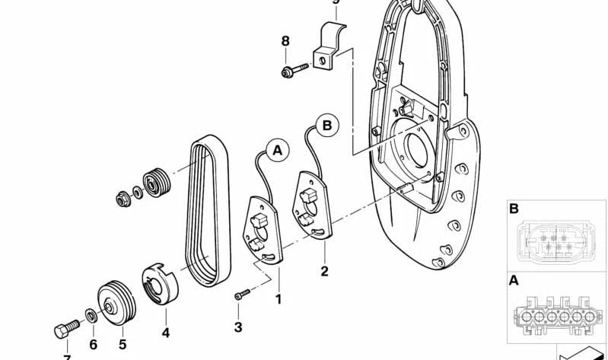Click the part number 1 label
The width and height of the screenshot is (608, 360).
tap(278, 299)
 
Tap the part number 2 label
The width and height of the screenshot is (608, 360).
tap(324, 270)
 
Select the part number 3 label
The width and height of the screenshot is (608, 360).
tap(237, 327)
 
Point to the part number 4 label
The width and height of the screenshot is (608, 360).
tap(165, 333)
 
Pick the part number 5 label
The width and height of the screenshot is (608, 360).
tap(122, 344)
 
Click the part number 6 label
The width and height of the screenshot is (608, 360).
tap(93, 344)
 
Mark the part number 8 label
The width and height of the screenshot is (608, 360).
tap(285, 40)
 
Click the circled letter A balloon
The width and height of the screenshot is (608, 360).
tap(276, 151)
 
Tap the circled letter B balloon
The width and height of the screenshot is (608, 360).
tap(326, 123)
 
